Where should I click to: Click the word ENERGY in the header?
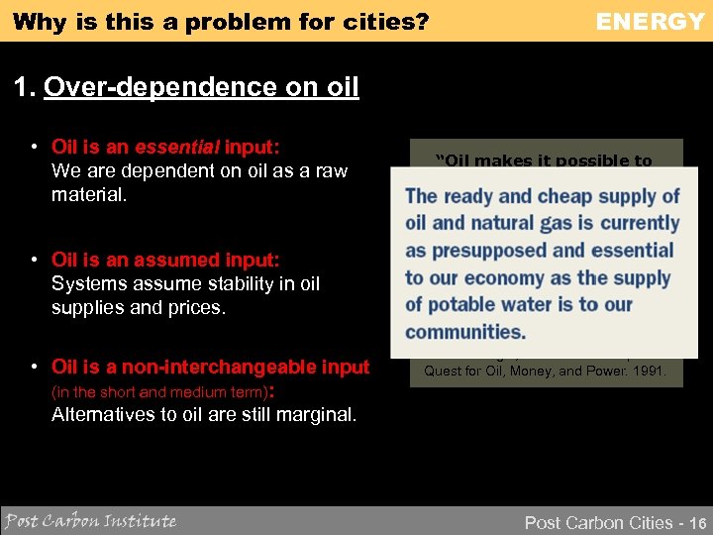click(650, 21)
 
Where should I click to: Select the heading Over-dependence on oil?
click(201, 88)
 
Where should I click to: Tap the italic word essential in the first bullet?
click(176, 148)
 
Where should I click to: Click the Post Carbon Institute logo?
click(90, 520)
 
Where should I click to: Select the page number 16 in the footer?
click(696, 522)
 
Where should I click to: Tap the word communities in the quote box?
click(465, 331)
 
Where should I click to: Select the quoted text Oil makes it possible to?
click(545, 160)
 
